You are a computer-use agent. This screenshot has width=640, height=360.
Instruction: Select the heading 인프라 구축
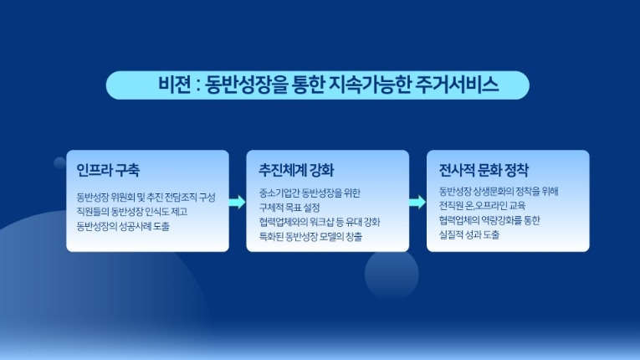[x=108, y=169]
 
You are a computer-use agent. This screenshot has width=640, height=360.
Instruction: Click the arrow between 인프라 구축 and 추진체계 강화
[x=238, y=202]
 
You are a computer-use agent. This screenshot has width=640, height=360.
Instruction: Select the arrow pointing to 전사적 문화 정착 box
[x=417, y=202]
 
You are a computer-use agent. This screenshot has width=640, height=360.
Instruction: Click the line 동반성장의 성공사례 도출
[x=122, y=226]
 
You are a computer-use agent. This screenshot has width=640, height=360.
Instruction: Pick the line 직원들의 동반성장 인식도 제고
[x=132, y=212]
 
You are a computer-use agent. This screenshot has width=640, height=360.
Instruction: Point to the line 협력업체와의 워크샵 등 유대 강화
[x=320, y=222]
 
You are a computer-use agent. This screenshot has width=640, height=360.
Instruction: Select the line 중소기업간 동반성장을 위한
[x=310, y=193]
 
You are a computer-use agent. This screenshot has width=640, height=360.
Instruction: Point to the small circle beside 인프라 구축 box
[x=60, y=162]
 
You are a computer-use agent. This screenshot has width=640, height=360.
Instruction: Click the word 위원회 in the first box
[x=123, y=198]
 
